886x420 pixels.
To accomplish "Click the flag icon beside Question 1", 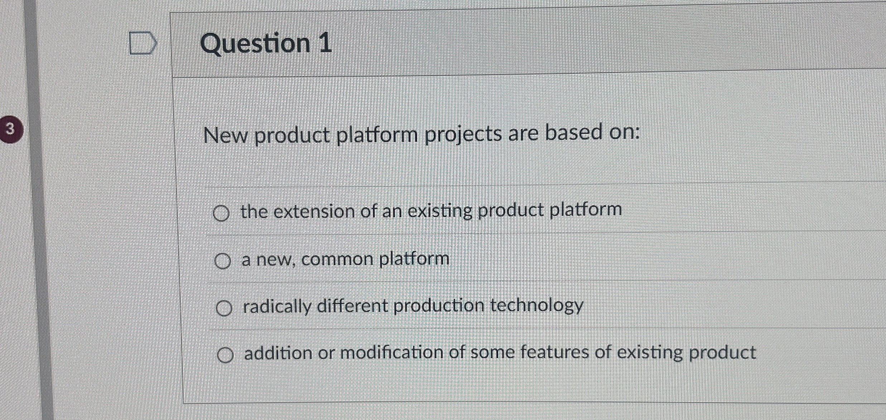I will tap(143, 43).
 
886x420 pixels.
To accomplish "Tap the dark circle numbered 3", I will tap(10, 129).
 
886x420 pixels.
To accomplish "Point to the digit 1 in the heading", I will tap(325, 43).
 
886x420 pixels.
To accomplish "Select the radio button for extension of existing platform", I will tap(221, 214).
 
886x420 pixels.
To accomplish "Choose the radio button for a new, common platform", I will tap(222, 261).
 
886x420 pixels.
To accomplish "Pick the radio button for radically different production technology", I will tap(224, 308).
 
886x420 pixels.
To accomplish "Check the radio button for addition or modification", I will tap(226, 355).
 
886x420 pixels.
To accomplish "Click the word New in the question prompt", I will tap(226, 136).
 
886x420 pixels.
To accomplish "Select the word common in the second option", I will tap(337, 259).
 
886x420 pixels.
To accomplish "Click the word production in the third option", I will tap(439, 306).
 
